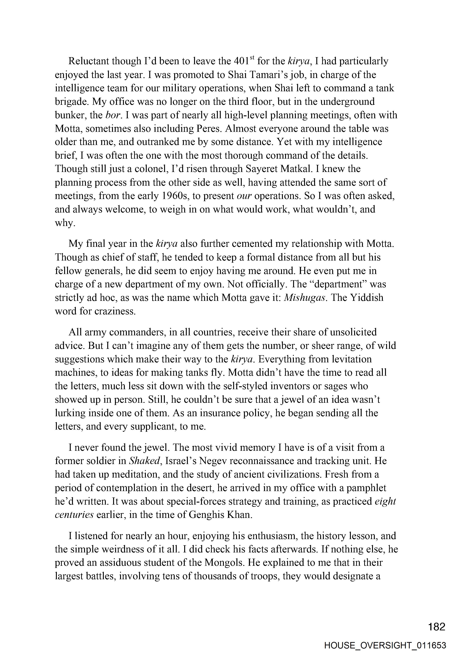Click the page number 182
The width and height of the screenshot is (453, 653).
pos(437,627)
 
